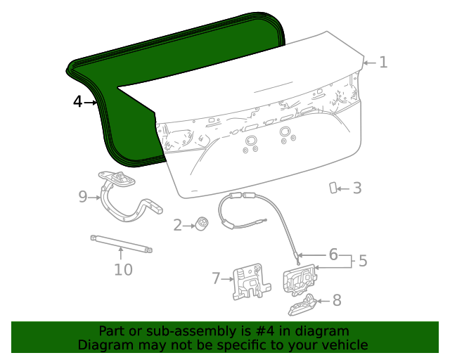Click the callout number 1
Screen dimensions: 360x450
coord(383,62)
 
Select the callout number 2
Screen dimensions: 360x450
coord(177,225)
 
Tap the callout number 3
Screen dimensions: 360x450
coord(357,188)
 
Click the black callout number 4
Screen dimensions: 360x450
coord(77,102)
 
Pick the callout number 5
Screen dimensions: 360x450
coord(363,261)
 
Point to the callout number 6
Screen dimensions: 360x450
coord(333,254)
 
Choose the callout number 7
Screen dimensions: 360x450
coord(217,278)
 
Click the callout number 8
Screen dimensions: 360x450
coord(337,301)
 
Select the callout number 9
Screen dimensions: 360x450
coord(82,197)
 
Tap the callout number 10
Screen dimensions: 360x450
coord(123,269)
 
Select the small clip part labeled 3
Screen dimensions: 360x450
coord(333,187)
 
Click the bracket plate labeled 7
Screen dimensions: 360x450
coord(248,283)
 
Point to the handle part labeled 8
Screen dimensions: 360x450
coord(302,304)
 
